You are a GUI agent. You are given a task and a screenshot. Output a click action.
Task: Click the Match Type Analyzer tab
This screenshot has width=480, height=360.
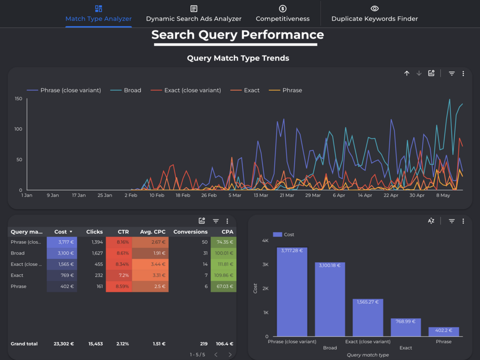(x=98, y=14)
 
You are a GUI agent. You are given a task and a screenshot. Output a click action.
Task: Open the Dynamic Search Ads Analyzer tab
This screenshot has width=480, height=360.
(x=193, y=14)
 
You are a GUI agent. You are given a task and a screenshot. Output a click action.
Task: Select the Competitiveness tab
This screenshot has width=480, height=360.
(x=282, y=14)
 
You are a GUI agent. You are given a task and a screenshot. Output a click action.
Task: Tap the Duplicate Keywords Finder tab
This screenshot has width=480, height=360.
(x=374, y=14)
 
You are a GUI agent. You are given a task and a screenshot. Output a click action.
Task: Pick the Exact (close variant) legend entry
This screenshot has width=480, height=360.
(x=186, y=90)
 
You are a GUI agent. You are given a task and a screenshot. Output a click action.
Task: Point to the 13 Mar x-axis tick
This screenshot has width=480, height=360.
(x=261, y=195)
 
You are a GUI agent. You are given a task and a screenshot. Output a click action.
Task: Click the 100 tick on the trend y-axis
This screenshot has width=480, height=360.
(x=19, y=129)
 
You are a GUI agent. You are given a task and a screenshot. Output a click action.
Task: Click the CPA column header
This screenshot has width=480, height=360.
(x=227, y=232)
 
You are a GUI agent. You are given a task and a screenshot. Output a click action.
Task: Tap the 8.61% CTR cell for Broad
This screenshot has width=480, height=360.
(x=118, y=253)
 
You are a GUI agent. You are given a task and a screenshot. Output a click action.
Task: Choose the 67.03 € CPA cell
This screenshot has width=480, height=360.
(x=224, y=286)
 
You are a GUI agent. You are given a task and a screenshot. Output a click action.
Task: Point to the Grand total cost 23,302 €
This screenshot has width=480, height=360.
(x=64, y=344)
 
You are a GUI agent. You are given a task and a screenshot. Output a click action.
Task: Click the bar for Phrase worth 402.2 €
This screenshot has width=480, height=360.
(x=444, y=331)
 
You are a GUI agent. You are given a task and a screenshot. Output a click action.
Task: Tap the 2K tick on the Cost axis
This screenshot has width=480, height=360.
(x=265, y=288)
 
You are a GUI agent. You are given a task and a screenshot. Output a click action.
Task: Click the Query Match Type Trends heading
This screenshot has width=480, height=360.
(x=238, y=58)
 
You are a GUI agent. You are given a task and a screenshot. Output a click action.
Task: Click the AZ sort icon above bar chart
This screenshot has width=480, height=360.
(x=431, y=221)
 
